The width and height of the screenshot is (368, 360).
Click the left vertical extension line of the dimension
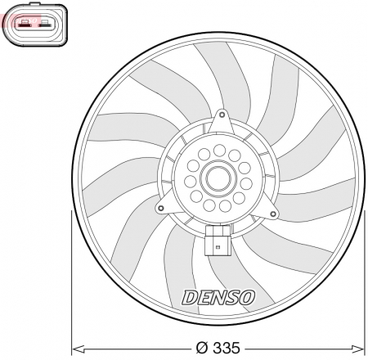click(73, 278)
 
